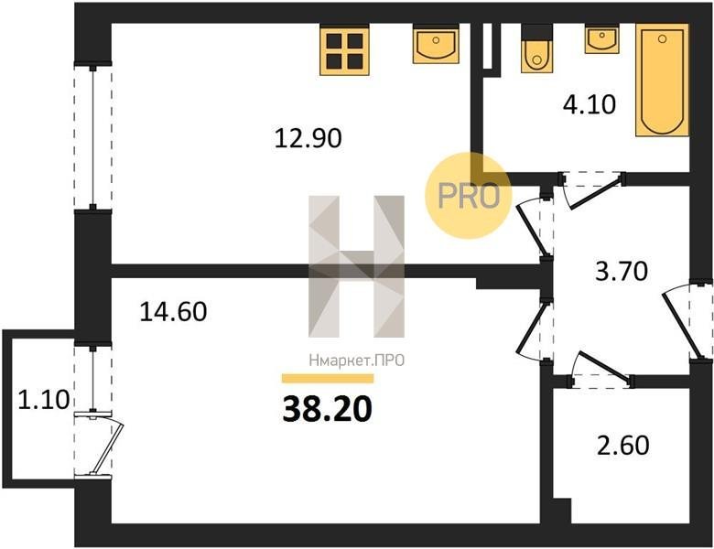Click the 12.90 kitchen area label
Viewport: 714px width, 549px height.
click(x=308, y=138)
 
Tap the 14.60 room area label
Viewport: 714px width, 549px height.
click(x=173, y=312)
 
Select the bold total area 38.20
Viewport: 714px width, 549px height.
click(x=328, y=409)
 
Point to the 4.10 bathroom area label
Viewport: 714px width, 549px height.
click(x=590, y=104)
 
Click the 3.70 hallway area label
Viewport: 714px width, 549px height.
click(x=622, y=272)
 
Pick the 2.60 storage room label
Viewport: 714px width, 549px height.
click(x=623, y=446)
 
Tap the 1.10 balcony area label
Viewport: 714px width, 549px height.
click(x=43, y=400)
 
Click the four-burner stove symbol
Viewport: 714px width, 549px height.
click(x=345, y=49)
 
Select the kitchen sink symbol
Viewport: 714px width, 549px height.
click(x=436, y=44)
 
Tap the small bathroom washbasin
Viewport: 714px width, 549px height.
click(x=602, y=38)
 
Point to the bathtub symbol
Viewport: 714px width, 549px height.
click(x=662, y=81)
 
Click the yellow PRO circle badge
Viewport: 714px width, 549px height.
click(x=469, y=195)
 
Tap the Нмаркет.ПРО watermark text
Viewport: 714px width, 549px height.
click(x=357, y=361)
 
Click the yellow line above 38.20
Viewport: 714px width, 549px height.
click(x=328, y=378)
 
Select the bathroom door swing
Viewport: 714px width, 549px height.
click(x=592, y=188)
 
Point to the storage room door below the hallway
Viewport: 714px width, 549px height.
click(x=600, y=370)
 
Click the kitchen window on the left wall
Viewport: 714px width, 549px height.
click(x=92, y=136)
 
